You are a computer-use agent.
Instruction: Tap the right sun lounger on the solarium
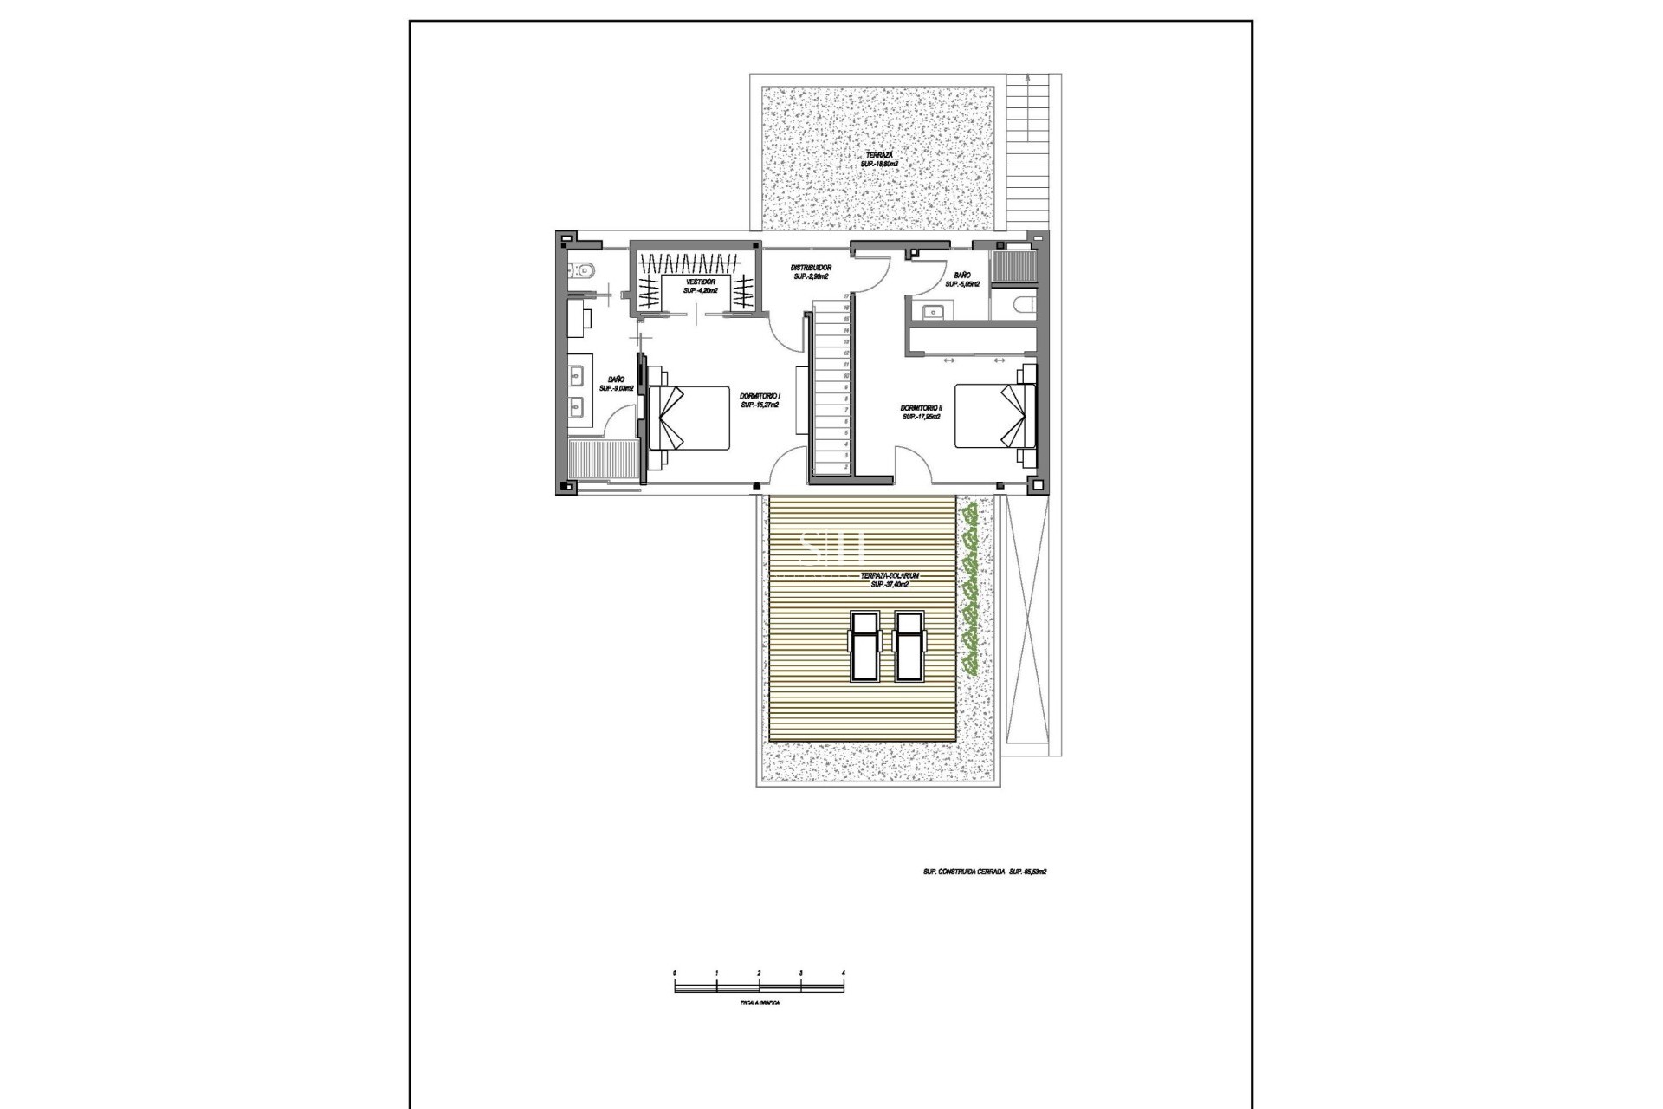pyautogui.click(x=909, y=647)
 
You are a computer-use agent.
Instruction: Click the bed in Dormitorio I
pyautogui.click(x=689, y=418)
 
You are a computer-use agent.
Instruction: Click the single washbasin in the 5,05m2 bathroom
pyautogui.click(x=934, y=310)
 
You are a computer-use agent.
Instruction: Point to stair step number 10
pyautogui.click(x=844, y=376)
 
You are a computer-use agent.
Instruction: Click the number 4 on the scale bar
pyautogui.click(x=843, y=974)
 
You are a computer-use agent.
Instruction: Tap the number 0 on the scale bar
pyautogui.click(x=675, y=974)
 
